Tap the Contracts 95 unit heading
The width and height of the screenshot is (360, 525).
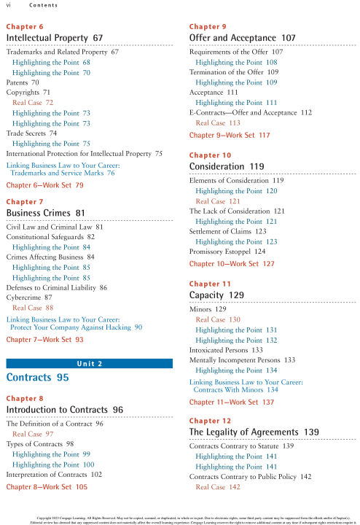coord(37,378)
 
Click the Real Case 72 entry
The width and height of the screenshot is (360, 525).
coord(33,103)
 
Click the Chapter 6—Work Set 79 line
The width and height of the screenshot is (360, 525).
coord(44,186)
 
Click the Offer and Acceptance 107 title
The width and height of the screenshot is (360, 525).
coord(242,37)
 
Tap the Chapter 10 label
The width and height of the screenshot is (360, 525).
coord(210,155)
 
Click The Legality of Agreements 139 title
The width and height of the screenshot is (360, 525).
coord(254,432)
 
